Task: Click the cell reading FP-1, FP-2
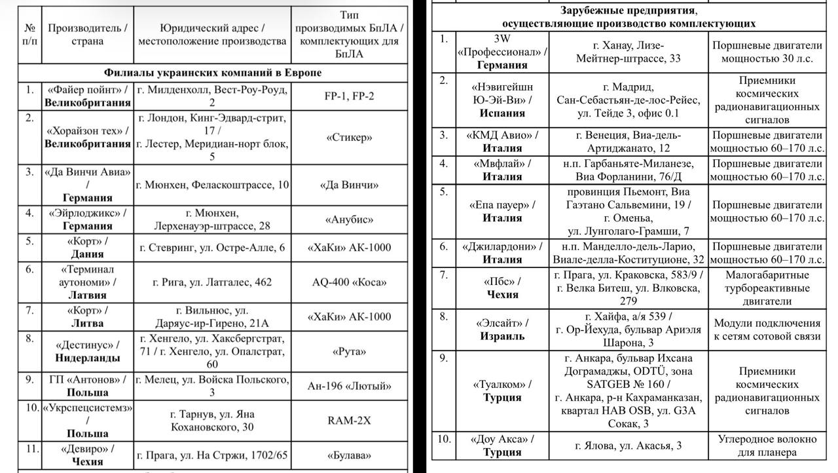click(x=349, y=96)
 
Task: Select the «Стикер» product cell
click(x=349, y=138)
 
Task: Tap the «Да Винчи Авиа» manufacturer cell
click(x=88, y=185)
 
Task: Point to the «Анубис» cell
click(x=349, y=219)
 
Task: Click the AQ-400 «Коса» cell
click(x=349, y=282)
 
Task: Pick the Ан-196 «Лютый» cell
click(x=349, y=386)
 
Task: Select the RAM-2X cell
click(x=349, y=421)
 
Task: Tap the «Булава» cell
click(x=349, y=455)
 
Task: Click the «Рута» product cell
click(x=349, y=351)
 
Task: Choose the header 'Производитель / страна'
click(x=88, y=35)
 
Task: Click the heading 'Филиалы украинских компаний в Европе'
click(x=213, y=73)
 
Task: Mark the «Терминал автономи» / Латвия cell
click(x=88, y=282)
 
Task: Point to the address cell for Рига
click(x=212, y=282)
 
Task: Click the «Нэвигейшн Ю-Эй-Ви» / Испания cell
click(x=502, y=100)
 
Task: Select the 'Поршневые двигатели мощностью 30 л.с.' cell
click(x=767, y=52)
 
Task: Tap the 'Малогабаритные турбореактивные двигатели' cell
click(x=767, y=288)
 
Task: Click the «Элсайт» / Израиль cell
click(x=502, y=330)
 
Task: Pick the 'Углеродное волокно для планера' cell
click(x=767, y=445)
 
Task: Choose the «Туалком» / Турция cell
click(x=502, y=391)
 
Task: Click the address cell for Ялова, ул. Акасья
click(x=628, y=445)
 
